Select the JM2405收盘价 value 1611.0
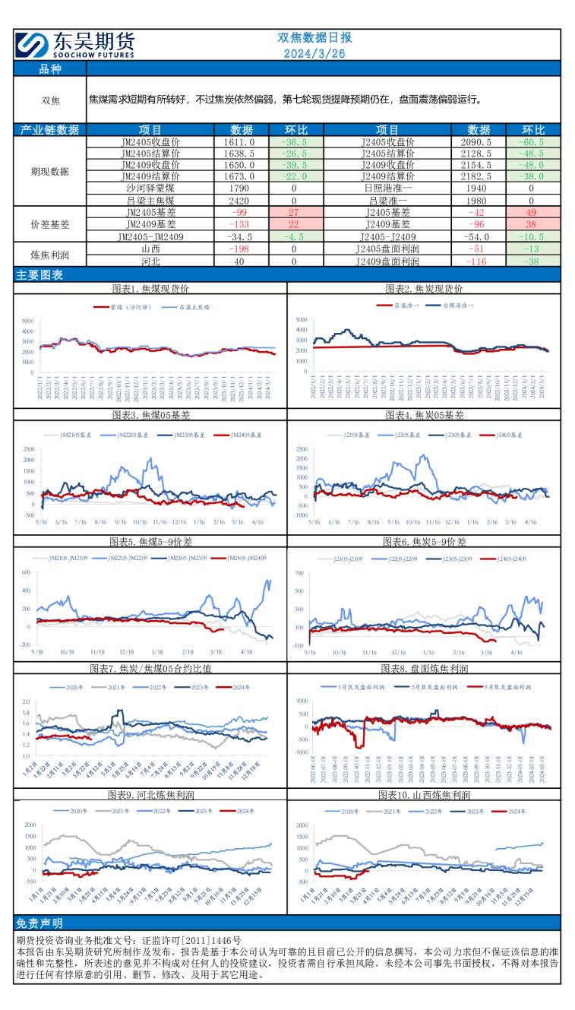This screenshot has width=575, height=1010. pos(240,142)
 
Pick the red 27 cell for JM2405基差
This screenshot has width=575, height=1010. pos(294,213)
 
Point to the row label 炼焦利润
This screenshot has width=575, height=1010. pos(50,254)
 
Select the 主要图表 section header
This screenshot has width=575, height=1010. pos(40,275)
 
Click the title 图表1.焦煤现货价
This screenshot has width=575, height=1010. pos(150,289)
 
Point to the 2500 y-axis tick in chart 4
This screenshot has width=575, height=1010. pos(301,448)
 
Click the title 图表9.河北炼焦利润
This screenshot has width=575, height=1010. pos(150,795)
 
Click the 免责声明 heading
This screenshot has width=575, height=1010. pos(40,923)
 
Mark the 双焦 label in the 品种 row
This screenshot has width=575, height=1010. pos(50,100)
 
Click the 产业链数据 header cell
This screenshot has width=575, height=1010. pos(50,129)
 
